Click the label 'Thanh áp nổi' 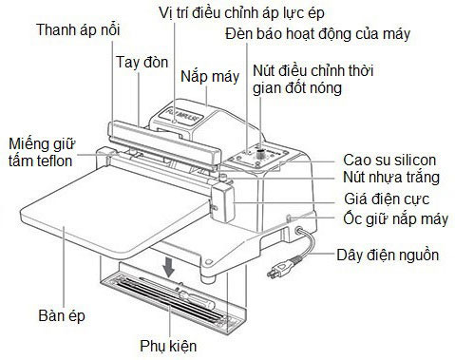[x=78, y=29]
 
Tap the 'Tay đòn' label [x=142, y=62]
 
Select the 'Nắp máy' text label [x=210, y=77]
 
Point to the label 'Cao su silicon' [x=389, y=160]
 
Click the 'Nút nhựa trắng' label [x=391, y=177]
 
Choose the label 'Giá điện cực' [x=387, y=199]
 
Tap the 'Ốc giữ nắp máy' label [x=396, y=218]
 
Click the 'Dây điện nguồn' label [x=388, y=255]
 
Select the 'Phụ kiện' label [x=168, y=346]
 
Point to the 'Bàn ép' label [x=62, y=315]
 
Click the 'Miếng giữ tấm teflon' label [x=42, y=152]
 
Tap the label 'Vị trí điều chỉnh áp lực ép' [x=241, y=13]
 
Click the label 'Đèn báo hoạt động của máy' [x=317, y=34]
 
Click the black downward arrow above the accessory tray [x=169, y=266]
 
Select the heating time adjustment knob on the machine [x=261, y=154]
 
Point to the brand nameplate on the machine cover [x=180, y=116]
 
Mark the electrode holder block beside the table [x=222, y=201]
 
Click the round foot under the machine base [x=209, y=278]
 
